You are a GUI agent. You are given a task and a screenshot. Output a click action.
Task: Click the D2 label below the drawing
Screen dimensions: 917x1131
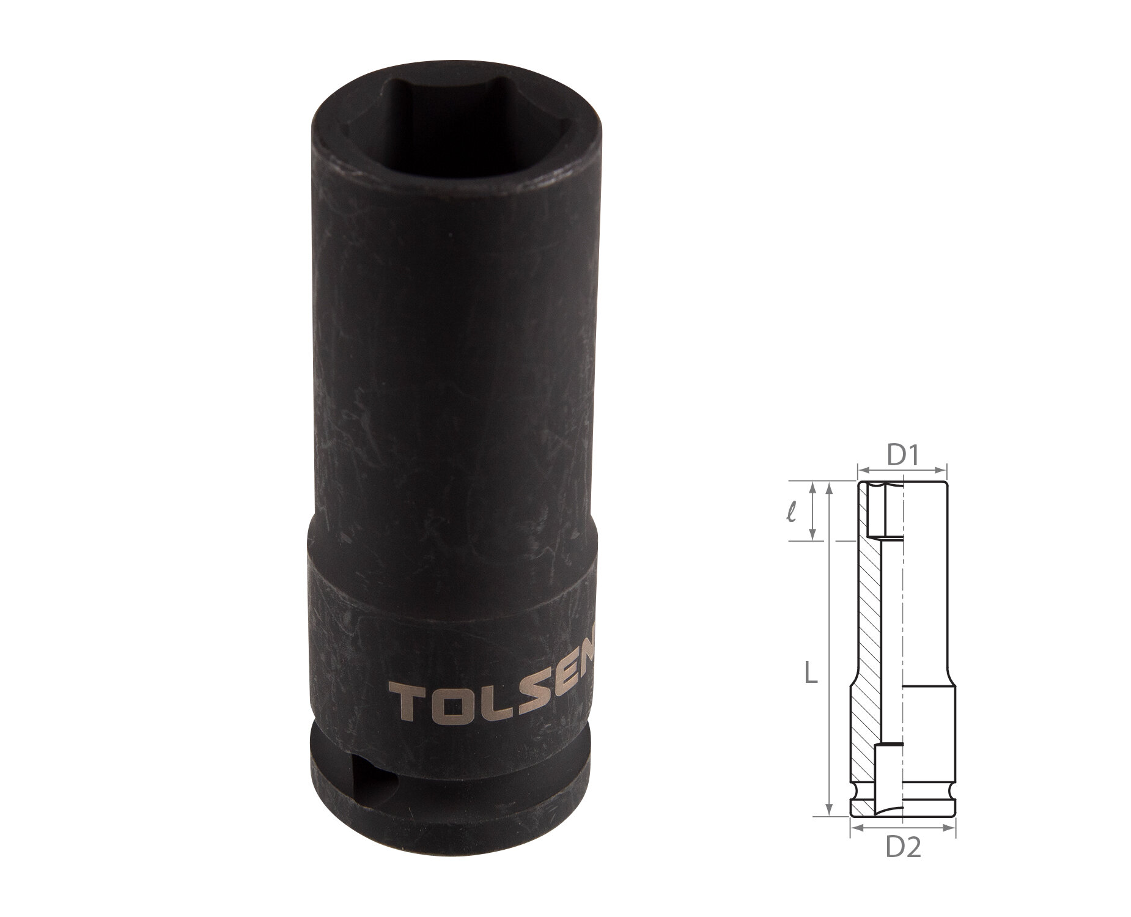(904, 849)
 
